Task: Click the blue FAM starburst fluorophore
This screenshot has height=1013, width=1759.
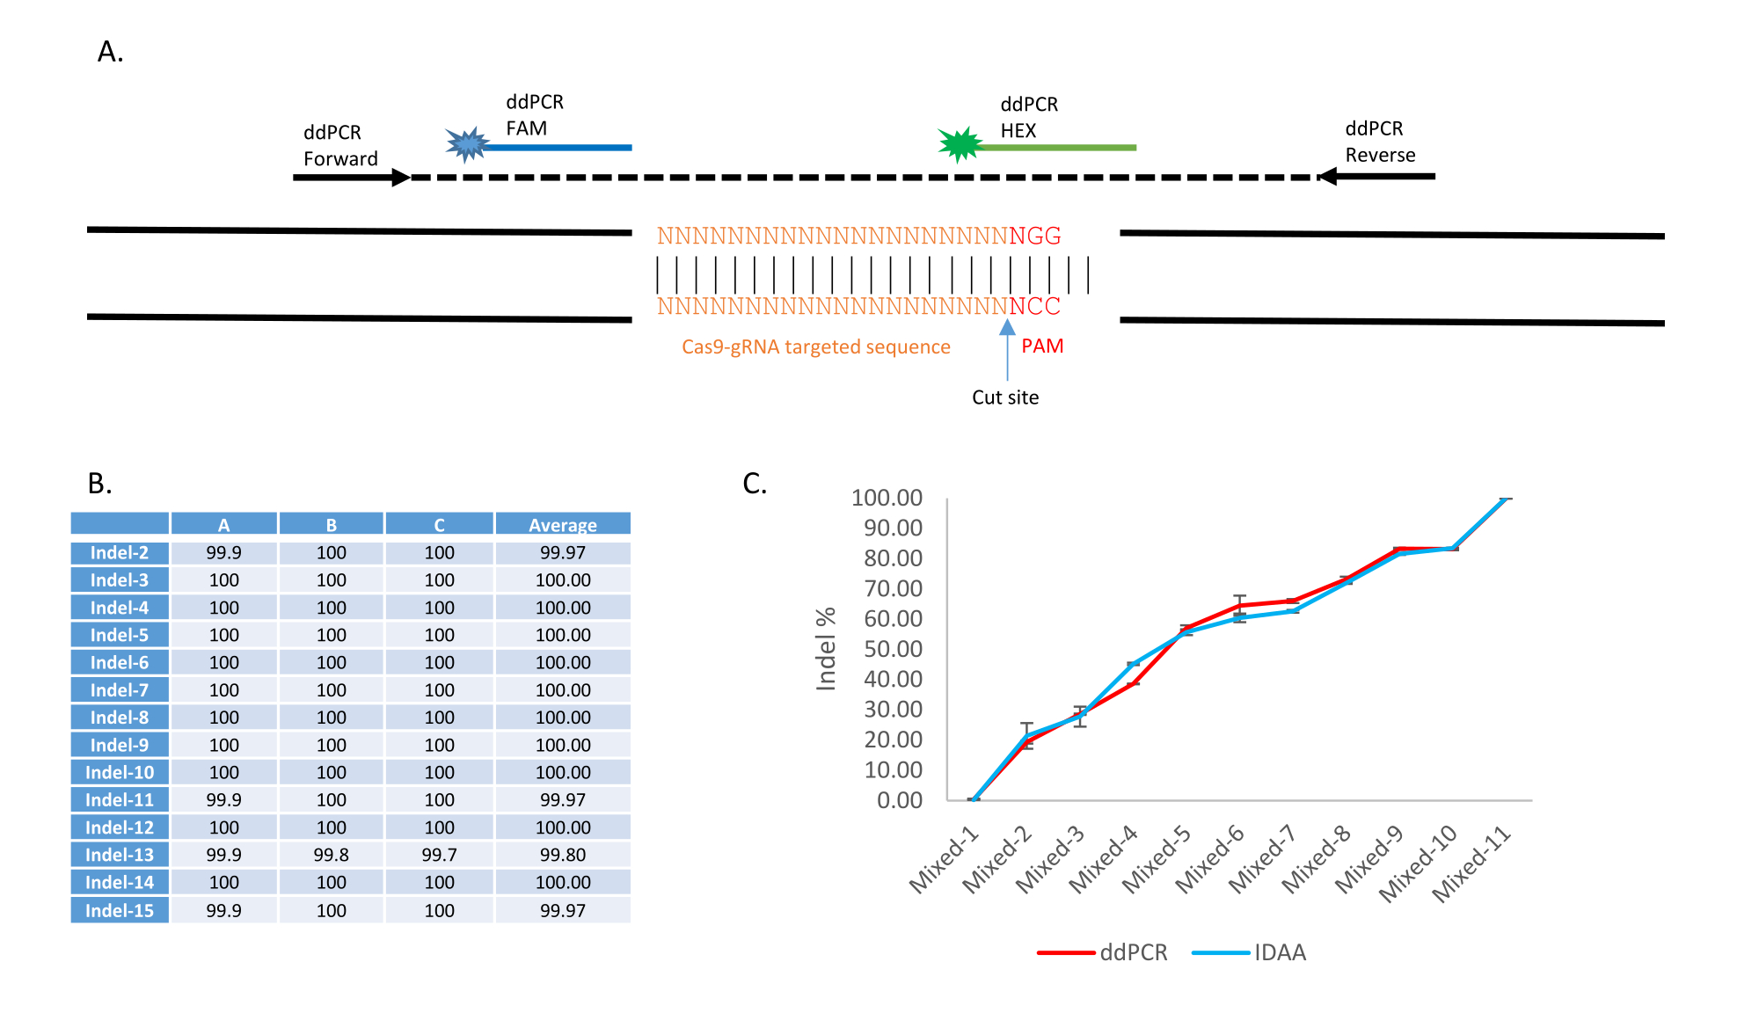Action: pos(467,144)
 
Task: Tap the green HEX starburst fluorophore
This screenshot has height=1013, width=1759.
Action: pos(960,144)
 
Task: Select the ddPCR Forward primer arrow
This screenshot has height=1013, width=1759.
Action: pos(352,178)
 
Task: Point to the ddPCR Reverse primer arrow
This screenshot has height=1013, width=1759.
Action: pos(1377,177)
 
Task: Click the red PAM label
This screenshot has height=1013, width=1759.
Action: pos(1042,346)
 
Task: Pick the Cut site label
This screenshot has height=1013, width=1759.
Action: pos(1005,397)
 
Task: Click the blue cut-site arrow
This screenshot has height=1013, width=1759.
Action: pos(1008,348)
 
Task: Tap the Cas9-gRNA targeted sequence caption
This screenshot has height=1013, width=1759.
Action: pos(815,347)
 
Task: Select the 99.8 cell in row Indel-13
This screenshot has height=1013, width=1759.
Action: pos(331,855)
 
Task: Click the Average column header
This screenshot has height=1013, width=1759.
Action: pos(563,525)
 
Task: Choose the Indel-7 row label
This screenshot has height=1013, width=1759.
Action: pos(120,690)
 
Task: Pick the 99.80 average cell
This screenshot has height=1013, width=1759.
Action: pos(563,855)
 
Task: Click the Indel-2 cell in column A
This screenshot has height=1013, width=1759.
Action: pos(223,553)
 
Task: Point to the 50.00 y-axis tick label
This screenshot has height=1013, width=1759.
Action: pos(893,649)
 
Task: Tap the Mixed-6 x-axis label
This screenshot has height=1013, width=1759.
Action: pos(1211,859)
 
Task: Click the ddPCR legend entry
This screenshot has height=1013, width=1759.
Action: pos(1105,952)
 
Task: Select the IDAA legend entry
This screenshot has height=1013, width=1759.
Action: pos(1251,952)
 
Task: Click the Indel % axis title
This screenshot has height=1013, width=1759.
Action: pos(825,649)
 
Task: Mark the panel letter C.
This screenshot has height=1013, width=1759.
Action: pos(755,484)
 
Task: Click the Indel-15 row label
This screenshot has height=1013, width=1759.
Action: pos(120,910)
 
